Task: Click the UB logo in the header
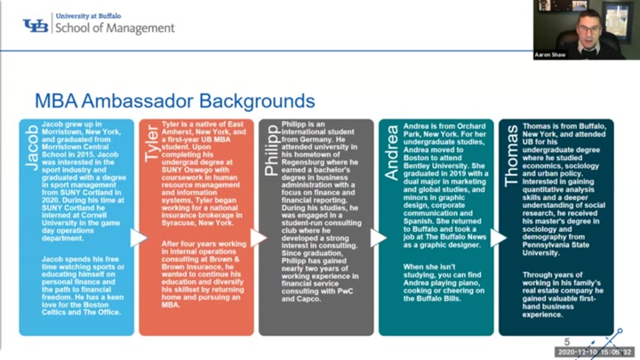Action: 36,25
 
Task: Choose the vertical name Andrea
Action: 390,153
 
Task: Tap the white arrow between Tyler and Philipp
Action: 258,237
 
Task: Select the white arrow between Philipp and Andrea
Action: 378,237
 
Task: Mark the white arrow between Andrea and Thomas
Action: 498,237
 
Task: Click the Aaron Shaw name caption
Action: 549,54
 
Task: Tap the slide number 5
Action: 567,342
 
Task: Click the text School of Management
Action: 115,28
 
